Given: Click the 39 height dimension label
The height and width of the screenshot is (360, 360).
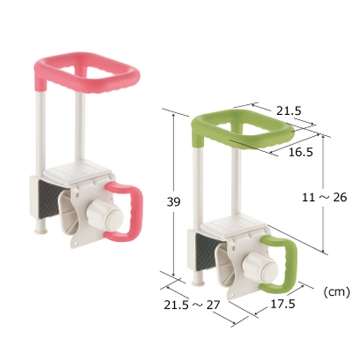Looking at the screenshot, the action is [x=173, y=202].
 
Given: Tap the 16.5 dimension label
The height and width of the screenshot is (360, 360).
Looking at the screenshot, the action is [x=301, y=152].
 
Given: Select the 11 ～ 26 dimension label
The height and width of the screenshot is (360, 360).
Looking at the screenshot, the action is [x=324, y=197].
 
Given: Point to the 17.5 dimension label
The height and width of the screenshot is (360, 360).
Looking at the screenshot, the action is [x=283, y=304].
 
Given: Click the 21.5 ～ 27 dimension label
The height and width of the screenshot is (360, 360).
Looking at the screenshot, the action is [x=192, y=305].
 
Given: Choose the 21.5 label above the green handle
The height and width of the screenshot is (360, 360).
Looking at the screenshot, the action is [x=289, y=111].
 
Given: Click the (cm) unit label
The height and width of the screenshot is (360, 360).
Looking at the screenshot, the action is [x=336, y=292].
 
